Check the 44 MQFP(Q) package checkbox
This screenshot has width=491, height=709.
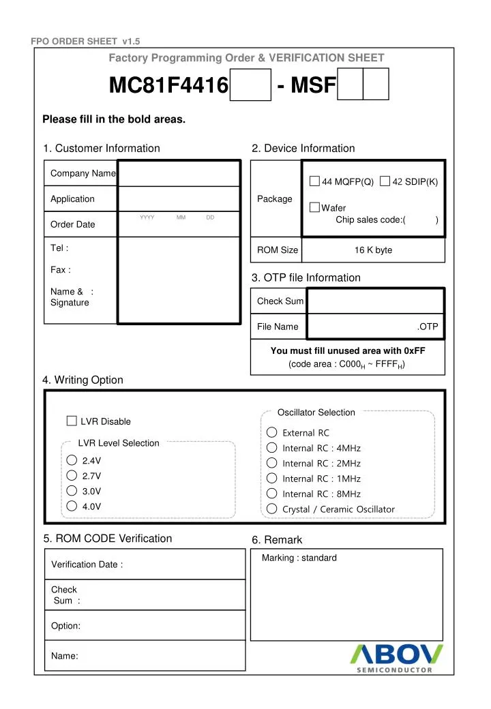[x=314, y=181]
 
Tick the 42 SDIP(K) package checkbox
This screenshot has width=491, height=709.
[x=385, y=181]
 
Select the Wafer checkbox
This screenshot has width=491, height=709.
[x=314, y=207]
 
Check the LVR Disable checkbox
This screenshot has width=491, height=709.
[x=72, y=421]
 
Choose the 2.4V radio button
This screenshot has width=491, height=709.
[x=72, y=459]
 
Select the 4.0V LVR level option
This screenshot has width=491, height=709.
[x=72, y=506]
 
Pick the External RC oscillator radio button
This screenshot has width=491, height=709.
[x=271, y=432]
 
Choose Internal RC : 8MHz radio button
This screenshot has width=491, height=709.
[x=271, y=494]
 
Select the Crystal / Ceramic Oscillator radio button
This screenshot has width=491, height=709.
[x=271, y=509]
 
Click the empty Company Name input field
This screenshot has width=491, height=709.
[x=179, y=173]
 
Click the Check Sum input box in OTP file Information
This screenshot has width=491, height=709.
[x=374, y=301]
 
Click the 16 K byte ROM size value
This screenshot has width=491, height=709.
[x=373, y=250]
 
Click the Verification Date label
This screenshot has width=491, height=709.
[x=87, y=564]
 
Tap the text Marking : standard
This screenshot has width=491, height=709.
[x=299, y=558]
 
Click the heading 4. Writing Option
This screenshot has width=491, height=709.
[x=83, y=380]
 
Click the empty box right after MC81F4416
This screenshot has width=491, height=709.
[x=250, y=85]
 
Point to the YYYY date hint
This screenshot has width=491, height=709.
[x=147, y=217]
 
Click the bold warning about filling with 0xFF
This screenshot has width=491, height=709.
[x=348, y=351]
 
